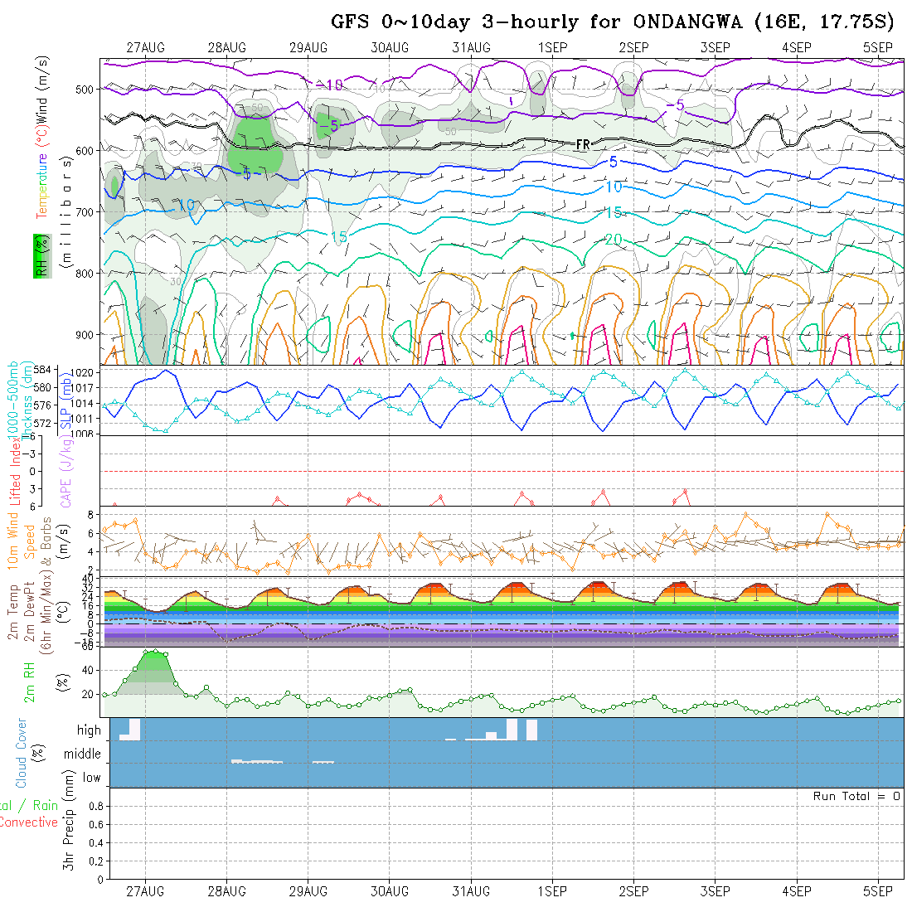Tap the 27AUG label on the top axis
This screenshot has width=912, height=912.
pyautogui.click(x=146, y=47)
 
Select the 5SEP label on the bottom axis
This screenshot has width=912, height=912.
pyautogui.click(x=877, y=891)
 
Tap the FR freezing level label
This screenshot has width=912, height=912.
pyautogui.click(x=583, y=144)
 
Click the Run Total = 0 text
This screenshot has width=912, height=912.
pyautogui.click(x=856, y=796)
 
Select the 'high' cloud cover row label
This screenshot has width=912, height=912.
pyautogui.click(x=89, y=730)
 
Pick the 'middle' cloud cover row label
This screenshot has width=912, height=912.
pyautogui.click(x=83, y=754)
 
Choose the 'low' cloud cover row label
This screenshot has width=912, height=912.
pyautogui.click(x=91, y=778)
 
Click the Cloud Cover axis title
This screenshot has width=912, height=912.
pyautogui.click(x=22, y=753)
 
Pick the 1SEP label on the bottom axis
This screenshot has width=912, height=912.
pyautogui.click(x=552, y=891)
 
